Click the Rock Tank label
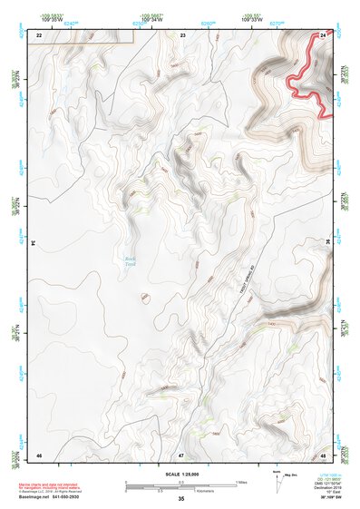coord(131,261)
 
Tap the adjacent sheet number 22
coord(39,34)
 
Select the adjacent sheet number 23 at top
coord(183,34)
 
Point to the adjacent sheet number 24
coord(325,34)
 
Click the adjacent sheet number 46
coord(39,453)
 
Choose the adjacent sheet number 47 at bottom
coord(181,453)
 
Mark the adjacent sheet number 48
coord(324,453)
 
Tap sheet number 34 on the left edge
coord(33,243)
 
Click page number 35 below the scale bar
coord(181,499)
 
